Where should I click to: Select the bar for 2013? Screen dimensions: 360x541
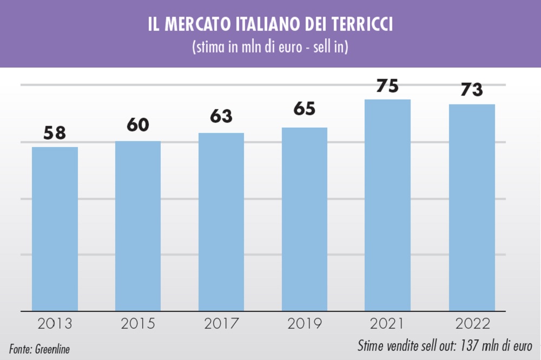tap(55, 229)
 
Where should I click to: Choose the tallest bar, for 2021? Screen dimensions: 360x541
tap(387, 205)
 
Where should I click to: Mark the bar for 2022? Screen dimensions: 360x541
tap(472, 208)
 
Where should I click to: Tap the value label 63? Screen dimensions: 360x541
tap(221, 116)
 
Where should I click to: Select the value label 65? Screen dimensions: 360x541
tap(304, 109)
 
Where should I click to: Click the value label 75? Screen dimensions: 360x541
tap(387, 86)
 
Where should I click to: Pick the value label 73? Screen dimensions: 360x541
tap(472, 90)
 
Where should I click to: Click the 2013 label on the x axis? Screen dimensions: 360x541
tap(55, 324)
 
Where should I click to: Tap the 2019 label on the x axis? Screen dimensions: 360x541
tap(305, 324)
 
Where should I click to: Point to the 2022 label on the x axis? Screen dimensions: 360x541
tap(472, 324)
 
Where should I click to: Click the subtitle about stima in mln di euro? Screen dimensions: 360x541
tap(270, 47)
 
